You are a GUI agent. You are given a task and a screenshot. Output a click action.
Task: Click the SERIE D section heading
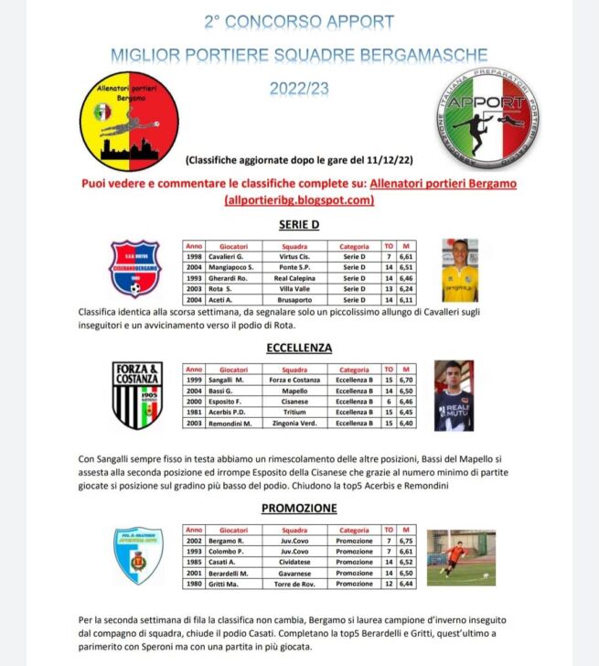(x=299, y=223)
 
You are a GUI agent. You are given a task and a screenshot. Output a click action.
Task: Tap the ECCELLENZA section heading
(x=299, y=348)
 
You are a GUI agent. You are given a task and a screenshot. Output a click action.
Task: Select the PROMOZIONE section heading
(x=299, y=508)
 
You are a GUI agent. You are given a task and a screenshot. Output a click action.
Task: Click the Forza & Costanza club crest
(x=137, y=395)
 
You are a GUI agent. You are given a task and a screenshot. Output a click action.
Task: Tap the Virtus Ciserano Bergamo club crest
(x=135, y=270)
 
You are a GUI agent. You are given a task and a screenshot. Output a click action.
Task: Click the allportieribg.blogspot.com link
(x=299, y=199)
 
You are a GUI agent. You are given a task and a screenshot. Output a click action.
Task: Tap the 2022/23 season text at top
(x=298, y=90)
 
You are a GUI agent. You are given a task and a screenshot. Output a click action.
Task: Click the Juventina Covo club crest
(x=139, y=555)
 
